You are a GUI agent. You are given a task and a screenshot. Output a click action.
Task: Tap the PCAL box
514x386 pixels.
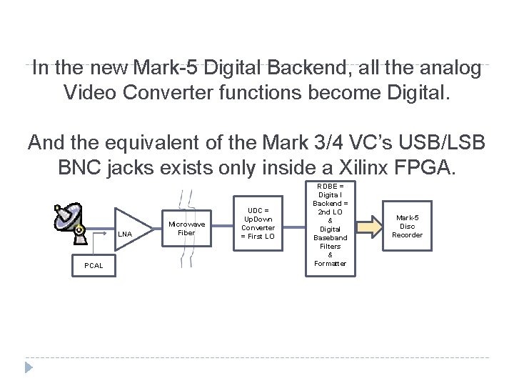(x=94, y=265)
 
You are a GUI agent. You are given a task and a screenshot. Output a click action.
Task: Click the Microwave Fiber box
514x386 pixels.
(x=186, y=228)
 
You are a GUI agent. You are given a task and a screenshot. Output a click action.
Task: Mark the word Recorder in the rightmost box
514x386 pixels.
(x=408, y=234)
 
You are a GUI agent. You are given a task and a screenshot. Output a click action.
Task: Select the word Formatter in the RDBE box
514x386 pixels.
(x=331, y=263)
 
